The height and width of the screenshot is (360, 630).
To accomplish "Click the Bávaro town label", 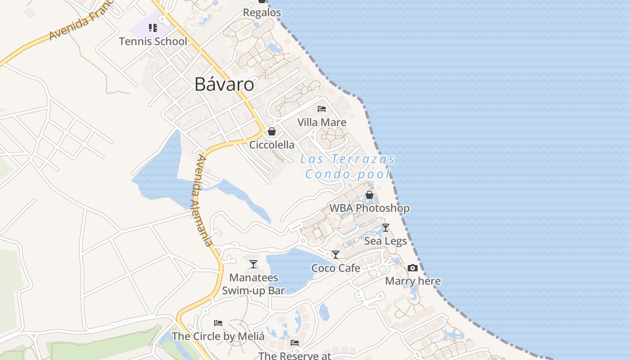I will pos(224,85).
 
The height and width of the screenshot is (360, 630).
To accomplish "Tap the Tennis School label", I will pos(153,41).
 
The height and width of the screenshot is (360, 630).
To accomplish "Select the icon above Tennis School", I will pos(153,28).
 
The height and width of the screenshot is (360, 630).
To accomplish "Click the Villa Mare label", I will pos(322,122).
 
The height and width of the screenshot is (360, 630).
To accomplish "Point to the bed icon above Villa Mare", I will pos(322,109).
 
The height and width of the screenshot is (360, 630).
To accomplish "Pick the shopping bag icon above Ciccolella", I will pos(272,131).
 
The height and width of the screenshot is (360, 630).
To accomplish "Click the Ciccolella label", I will pos(272,145).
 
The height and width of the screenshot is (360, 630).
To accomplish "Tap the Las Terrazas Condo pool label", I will pos(347,166).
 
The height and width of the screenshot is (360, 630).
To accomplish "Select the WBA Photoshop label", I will pos(369,208).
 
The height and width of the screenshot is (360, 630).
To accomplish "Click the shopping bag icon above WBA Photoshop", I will pos(369,195).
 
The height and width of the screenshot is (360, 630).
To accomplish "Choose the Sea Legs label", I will pos(385,241).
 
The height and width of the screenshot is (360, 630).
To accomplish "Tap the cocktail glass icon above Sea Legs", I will pos(385,228).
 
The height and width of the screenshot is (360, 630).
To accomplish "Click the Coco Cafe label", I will pos(336,268).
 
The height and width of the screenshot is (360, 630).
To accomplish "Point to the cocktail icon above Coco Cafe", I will pos(336,255).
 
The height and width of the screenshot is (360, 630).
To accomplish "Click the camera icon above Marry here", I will pos(413,268).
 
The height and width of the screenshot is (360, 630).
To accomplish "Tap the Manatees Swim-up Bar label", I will pos(253,284).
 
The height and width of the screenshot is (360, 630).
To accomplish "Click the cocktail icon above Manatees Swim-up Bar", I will pos(253,264).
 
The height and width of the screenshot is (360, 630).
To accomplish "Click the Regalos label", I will pos(262,13).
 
